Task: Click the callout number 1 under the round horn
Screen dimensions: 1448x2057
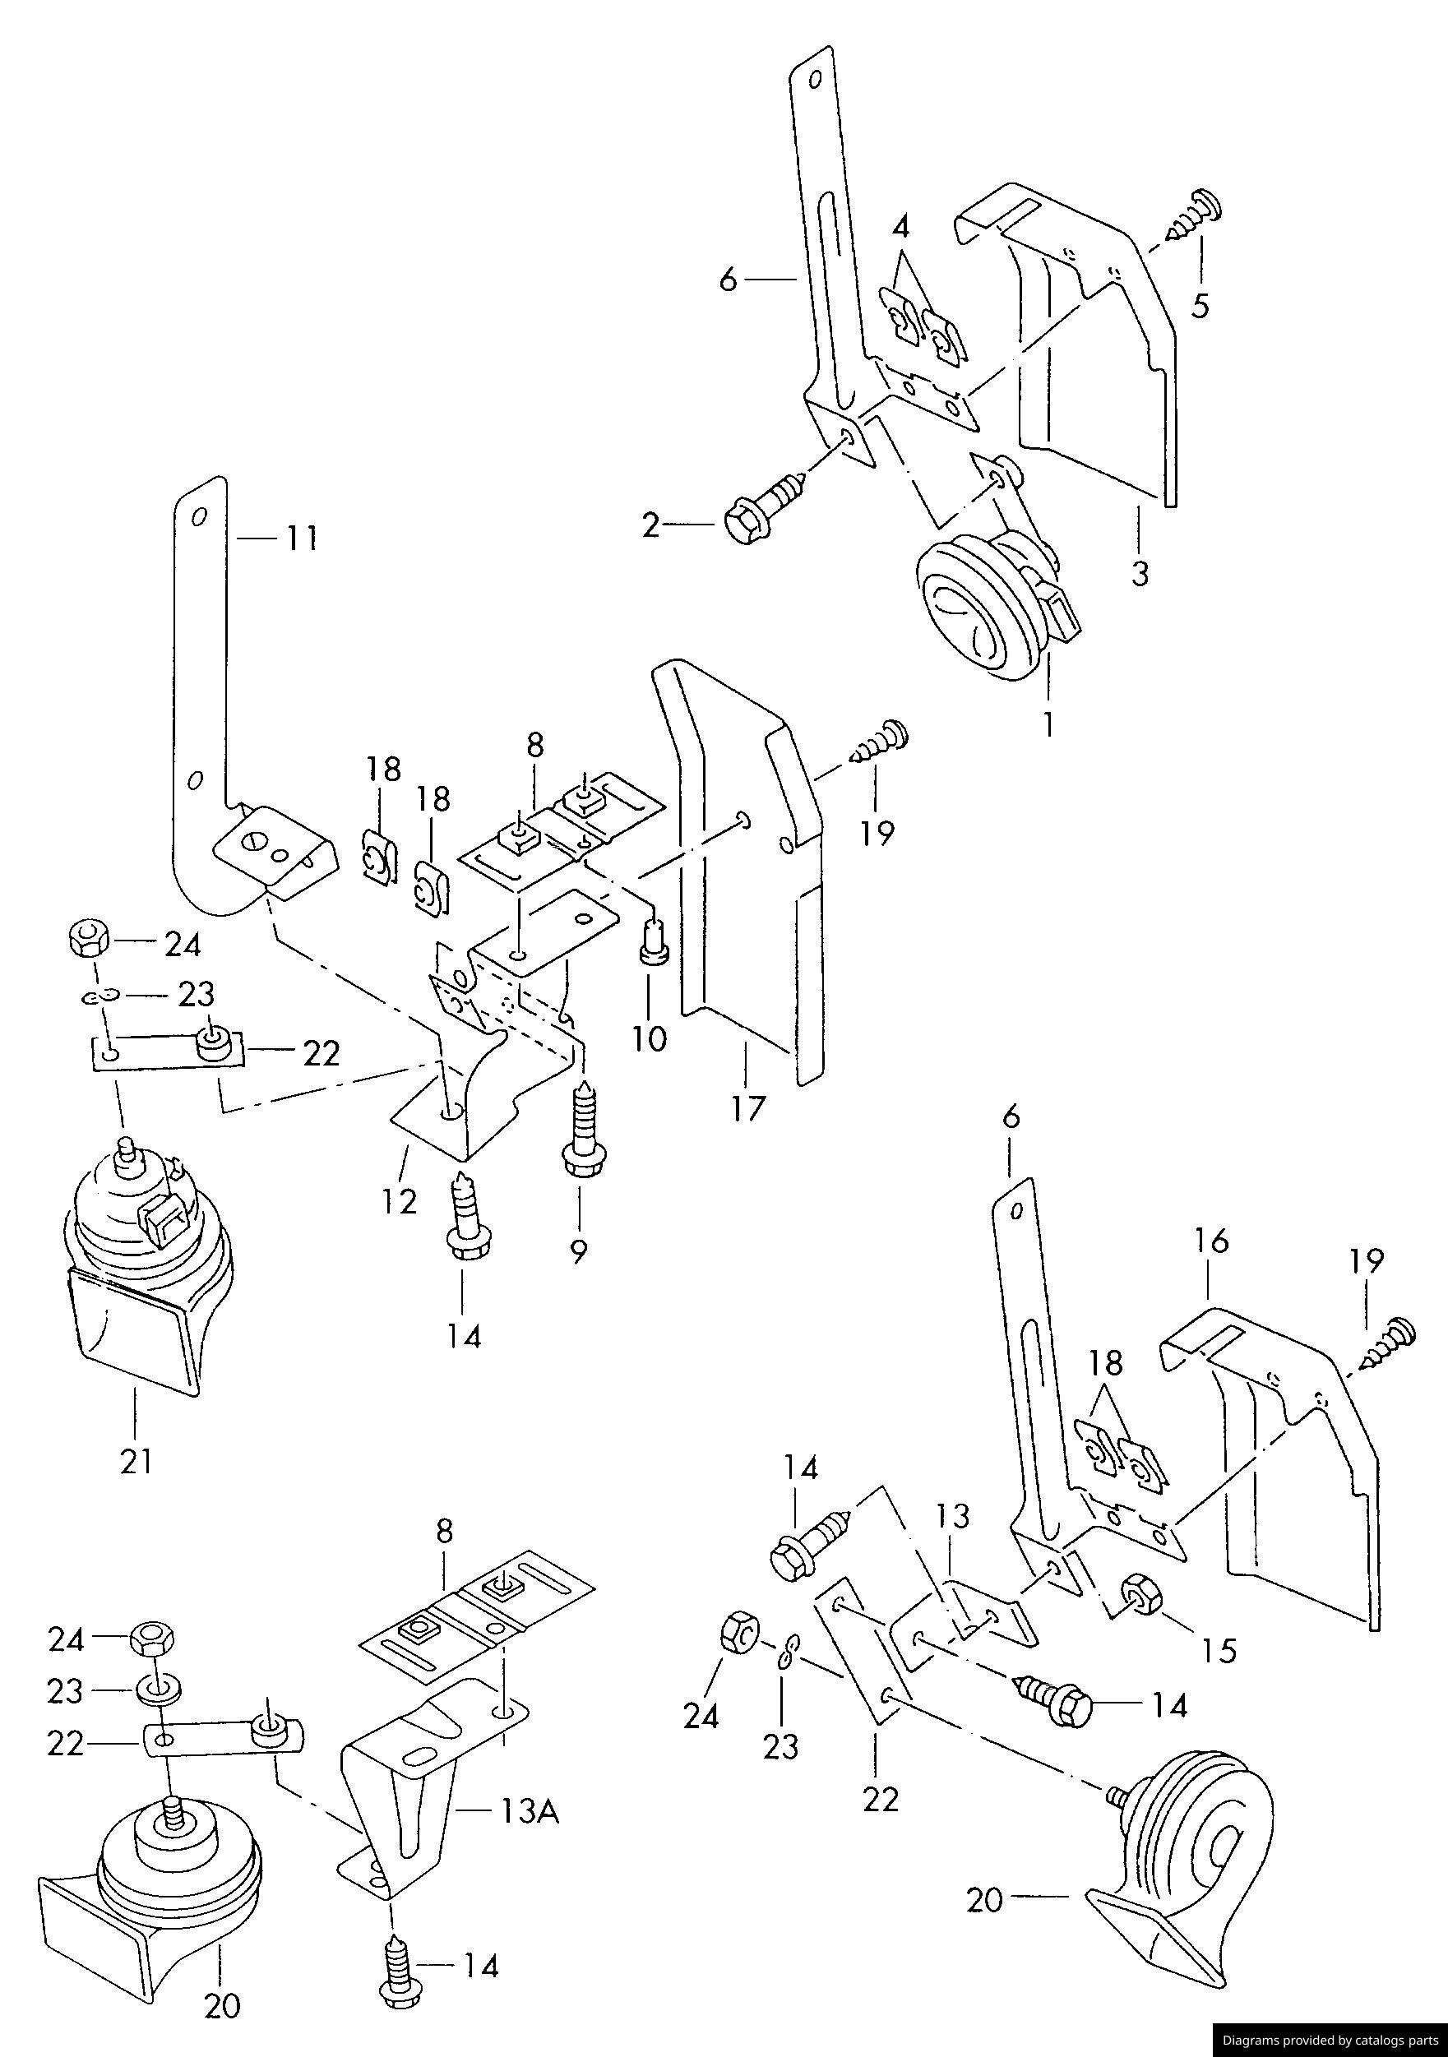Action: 1047,723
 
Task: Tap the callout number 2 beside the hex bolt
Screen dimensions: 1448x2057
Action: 650,526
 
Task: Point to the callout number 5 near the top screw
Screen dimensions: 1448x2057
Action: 1200,306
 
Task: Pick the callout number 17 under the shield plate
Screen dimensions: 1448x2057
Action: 747,1108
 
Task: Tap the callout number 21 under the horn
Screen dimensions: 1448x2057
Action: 136,1462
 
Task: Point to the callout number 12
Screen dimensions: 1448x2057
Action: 399,1201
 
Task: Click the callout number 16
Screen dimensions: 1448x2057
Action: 1210,1241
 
